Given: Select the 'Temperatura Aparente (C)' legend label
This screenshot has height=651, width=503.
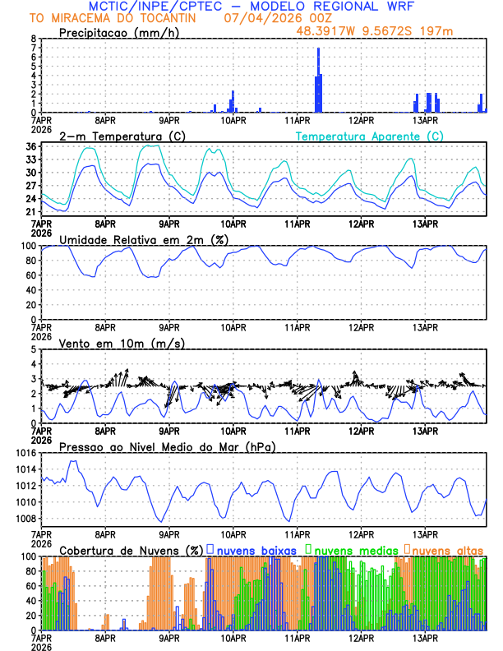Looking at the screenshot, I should (370, 136).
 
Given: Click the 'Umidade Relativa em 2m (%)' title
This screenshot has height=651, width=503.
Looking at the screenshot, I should (144, 239).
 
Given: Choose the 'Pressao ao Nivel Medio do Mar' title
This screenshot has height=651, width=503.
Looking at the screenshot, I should (168, 446).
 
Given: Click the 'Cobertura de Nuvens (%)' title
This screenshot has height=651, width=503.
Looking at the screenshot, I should (132, 549).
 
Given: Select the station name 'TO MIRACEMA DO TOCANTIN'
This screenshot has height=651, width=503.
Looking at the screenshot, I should (109, 17).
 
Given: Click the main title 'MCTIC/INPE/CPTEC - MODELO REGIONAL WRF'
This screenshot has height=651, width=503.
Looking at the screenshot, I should (251, 6).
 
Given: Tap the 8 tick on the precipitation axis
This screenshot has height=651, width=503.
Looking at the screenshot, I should (33, 39).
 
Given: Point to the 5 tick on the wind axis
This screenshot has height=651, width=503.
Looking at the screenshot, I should (33, 349).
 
